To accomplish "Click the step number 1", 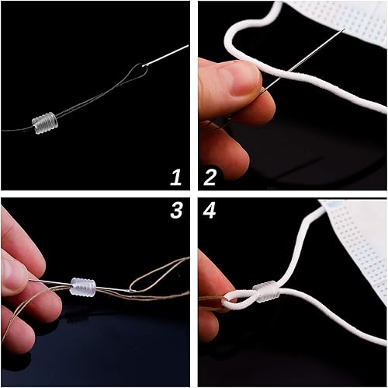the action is click(x=176, y=177).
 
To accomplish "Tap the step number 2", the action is click(x=210, y=177).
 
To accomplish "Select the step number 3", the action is click(x=176, y=210).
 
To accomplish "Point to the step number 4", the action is click(x=210, y=210).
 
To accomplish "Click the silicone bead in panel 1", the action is click(x=45, y=123).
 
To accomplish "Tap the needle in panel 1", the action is click(x=165, y=55).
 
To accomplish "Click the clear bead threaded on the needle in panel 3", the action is click(x=83, y=287).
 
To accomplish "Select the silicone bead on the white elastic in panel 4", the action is click(x=266, y=290).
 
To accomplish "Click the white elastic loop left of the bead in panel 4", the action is click(x=239, y=300).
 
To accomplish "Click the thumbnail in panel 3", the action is click(x=13, y=274).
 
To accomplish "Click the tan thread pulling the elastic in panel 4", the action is click(x=210, y=302).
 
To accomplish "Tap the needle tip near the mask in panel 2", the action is click(x=345, y=28).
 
